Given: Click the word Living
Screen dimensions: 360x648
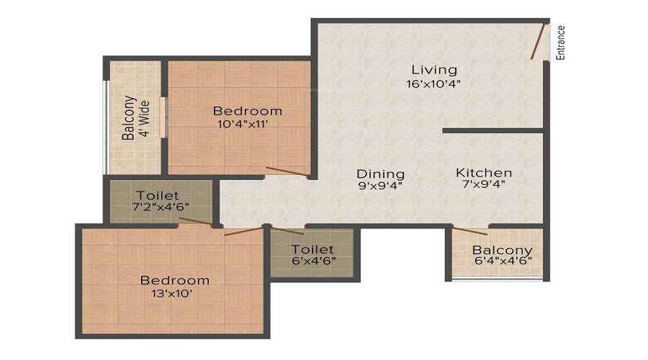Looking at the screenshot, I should pos(434,70).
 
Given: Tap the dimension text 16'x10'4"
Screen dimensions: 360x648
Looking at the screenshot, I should pos(433,84).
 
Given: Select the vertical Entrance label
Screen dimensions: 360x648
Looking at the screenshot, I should pos(561,43).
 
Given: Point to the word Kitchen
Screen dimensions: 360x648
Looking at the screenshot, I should pos(484,173).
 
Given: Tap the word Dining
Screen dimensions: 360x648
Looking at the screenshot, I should pos(381,174).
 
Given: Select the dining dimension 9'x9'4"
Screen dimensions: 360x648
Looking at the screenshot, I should pos(381,186).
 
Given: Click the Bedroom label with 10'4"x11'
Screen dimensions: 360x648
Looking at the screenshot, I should pos(247,111).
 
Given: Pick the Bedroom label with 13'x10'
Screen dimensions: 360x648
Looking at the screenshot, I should pos(175,280).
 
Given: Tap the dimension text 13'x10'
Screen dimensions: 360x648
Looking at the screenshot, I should pos(175,293).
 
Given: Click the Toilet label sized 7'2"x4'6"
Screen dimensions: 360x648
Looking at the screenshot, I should pos(158,195).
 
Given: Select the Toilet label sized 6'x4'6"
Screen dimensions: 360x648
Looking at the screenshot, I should pos(313,248).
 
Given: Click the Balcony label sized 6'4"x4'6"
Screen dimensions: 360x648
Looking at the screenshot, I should pos(502,250).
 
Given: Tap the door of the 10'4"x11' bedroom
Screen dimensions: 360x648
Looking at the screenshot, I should pos(287,171).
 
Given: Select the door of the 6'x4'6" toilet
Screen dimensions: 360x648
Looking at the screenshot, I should pos(287,230).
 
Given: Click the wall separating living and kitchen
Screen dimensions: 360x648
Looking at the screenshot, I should pos(492,130).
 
